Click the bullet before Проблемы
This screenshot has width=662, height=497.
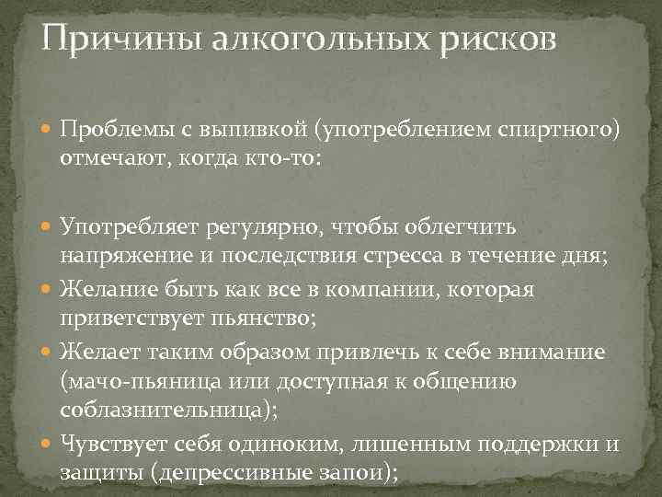coord(48,130)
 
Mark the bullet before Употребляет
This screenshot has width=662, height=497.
coord(48,225)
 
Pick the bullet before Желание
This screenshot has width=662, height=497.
coord(48,291)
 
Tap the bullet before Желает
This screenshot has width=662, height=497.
coord(48,353)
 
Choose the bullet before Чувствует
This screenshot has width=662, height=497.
coord(48,445)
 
